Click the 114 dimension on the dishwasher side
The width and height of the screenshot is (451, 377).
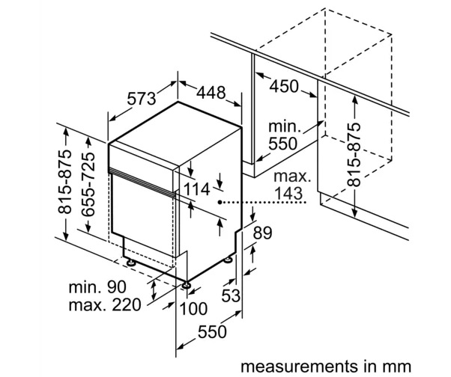[x=198, y=189]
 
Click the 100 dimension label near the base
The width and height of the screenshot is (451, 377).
[x=193, y=309]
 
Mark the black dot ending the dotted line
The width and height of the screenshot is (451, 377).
[x=220, y=202]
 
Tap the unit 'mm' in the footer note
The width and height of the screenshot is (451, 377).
[x=396, y=367]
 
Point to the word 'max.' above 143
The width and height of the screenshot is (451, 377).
[x=290, y=177]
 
